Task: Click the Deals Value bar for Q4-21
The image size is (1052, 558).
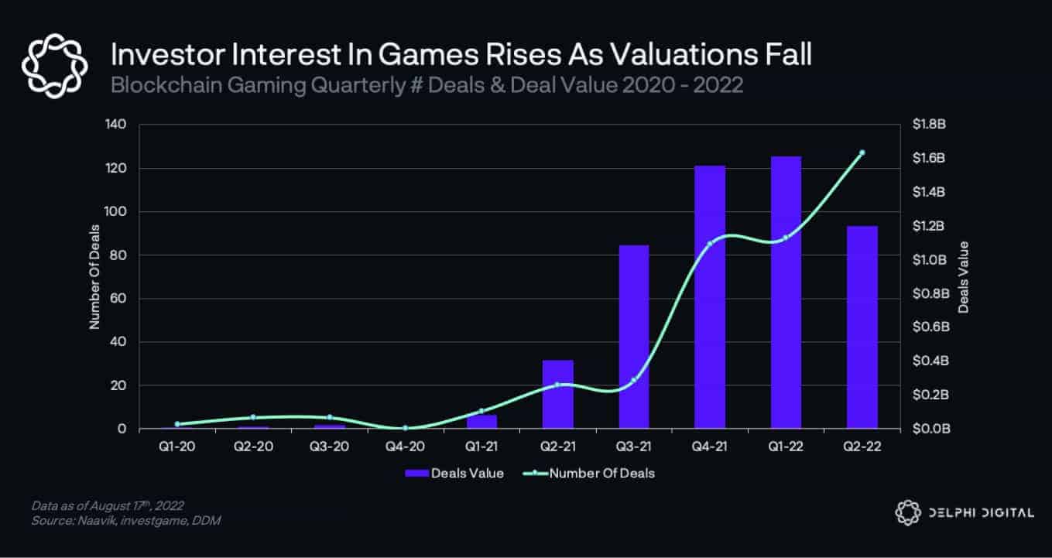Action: click(x=710, y=297)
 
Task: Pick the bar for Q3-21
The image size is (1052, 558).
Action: click(x=633, y=337)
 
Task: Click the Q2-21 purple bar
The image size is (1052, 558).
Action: click(x=557, y=394)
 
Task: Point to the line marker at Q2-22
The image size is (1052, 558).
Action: click(x=862, y=152)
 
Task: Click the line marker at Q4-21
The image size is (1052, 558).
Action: click(x=710, y=244)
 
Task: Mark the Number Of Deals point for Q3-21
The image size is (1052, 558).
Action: click(x=634, y=379)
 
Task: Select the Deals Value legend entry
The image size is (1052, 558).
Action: click(x=454, y=474)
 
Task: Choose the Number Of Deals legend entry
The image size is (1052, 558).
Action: click(x=592, y=474)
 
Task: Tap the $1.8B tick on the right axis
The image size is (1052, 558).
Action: click(x=929, y=125)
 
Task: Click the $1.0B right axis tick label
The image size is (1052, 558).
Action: click(x=929, y=260)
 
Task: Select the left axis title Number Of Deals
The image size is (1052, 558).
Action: click(x=94, y=277)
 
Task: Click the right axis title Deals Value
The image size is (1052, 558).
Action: click(x=963, y=277)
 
